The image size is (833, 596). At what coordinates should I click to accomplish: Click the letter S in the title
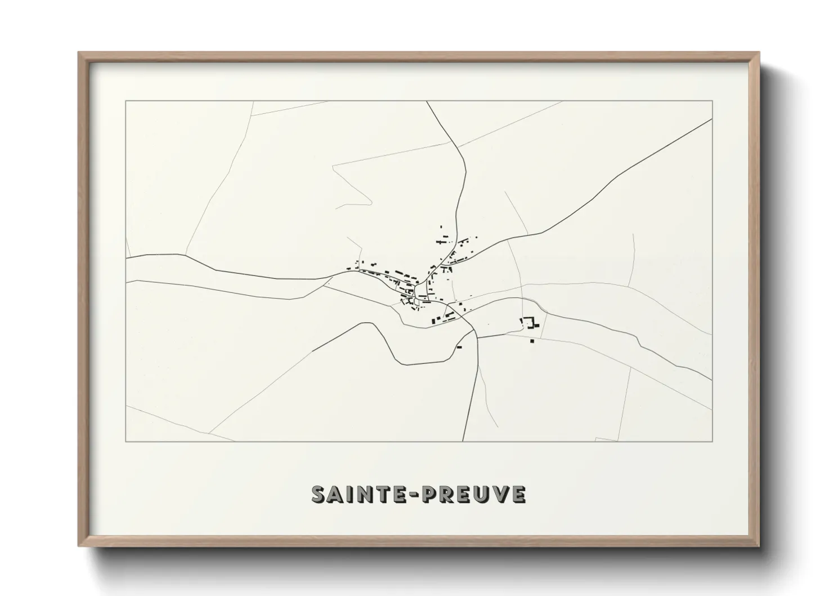[320, 494]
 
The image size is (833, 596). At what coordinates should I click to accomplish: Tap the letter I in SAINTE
[350, 494]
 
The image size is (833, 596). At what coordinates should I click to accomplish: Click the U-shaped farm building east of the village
[530, 323]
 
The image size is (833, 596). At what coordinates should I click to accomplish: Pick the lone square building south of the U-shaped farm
[531, 340]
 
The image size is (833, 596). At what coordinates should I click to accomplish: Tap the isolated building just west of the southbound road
[459, 347]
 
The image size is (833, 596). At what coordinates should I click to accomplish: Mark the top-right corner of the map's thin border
[713, 101]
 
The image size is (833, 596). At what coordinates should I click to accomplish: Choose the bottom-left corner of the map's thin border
[126, 442]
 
